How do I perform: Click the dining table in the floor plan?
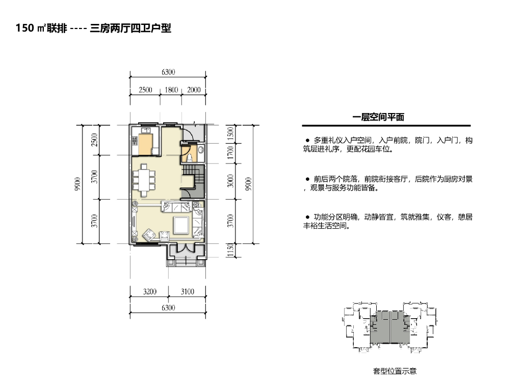coord(144,180)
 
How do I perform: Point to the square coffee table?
coord(181,224)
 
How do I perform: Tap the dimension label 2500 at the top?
coord(145,90)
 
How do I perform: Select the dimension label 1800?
coord(172,90)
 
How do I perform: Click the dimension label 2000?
coord(194,90)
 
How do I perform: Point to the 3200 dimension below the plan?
coord(149,292)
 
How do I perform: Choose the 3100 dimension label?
coord(188,292)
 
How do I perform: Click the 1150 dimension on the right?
coord(230,250)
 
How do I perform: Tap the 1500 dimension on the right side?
coord(230,134)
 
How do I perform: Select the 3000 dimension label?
coord(230,180)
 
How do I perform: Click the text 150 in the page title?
coord(24,29)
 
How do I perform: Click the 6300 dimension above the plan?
coord(168,72)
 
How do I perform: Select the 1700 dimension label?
coord(230,152)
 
